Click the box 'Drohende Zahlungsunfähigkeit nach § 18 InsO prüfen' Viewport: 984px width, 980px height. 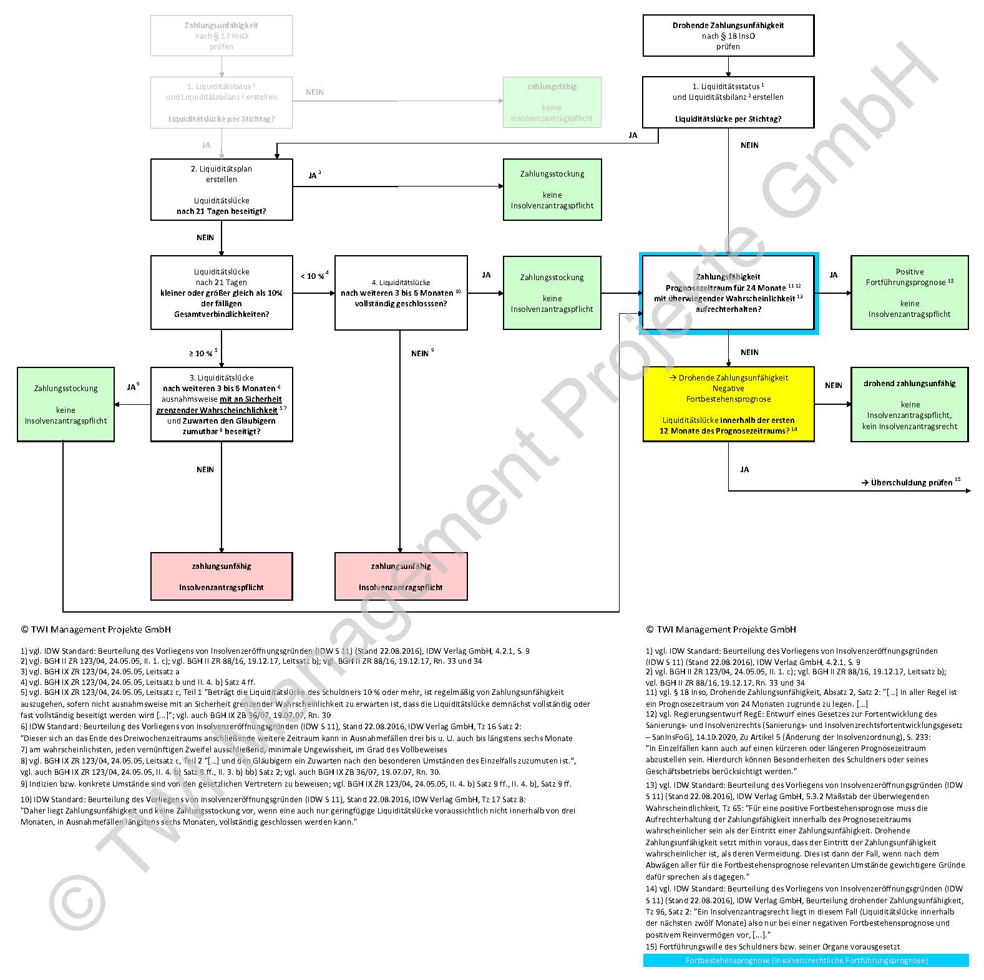728,36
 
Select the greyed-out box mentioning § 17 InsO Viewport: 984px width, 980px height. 221,36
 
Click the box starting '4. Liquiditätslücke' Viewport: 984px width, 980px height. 401,293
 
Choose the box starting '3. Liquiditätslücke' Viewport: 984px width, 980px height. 222,404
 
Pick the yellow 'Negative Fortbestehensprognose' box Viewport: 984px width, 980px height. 728,404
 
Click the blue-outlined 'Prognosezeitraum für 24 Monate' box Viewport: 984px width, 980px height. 728,293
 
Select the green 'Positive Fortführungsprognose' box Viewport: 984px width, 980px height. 909,293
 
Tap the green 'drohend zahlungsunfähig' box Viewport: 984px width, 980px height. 909,404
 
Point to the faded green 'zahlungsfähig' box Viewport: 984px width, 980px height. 552,102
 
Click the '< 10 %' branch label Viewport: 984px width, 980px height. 314,276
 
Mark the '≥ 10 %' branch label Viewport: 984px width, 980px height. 203,353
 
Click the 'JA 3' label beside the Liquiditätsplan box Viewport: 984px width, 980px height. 314,175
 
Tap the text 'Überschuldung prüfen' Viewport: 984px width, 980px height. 910,482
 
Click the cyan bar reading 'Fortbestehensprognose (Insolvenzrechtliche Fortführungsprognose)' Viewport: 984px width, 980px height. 806,960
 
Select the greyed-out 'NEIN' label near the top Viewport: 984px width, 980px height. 314,92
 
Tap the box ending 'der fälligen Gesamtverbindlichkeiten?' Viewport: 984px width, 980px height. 222,293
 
